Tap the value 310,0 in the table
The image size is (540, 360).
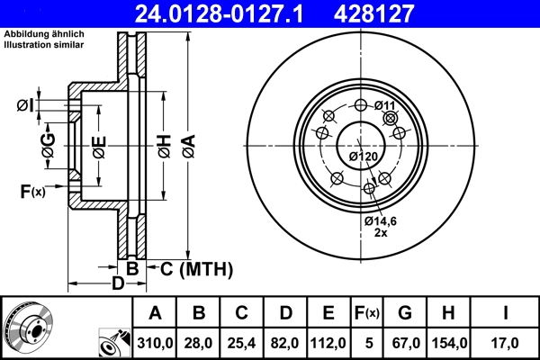pyautogui.click(x=155, y=342)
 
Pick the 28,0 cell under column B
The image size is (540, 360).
pyautogui.click(x=199, y=342)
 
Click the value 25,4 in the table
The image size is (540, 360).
pyautogui.click(x=241, y=342)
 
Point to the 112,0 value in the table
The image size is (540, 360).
pyautogui.click(x=328, y=342)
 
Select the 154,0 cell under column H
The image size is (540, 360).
pyautogui.click(x=447, y=342)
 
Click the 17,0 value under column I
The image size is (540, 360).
pyautogui.click(x=506, y=342)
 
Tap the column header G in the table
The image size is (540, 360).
pyautogui.click(x=404, y=313)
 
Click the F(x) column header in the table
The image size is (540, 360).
pyautogui.click(x=366, y=313)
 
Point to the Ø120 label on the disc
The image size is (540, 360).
pyautogui.click(x=363, y=157)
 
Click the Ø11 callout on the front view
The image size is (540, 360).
pyautogui.click(x=385, y=106)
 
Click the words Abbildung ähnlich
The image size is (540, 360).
pyautogui.click(x=44, y=34)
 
